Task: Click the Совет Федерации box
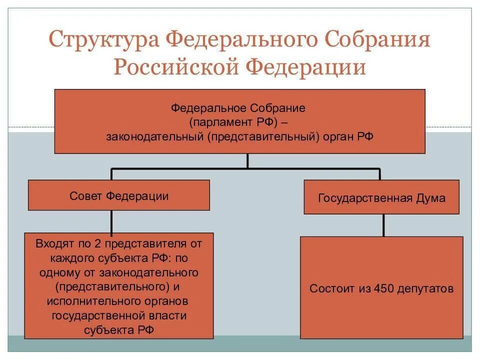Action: click(x=119, y=195)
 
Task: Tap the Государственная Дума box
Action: click(x=381, y=198)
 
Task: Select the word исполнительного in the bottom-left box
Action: click(x=81, y=301)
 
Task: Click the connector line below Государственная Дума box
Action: click(x=383, y=225)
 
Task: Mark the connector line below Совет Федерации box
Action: click(x=111, y=221)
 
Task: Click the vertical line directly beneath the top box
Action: click(x=247, y=161)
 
